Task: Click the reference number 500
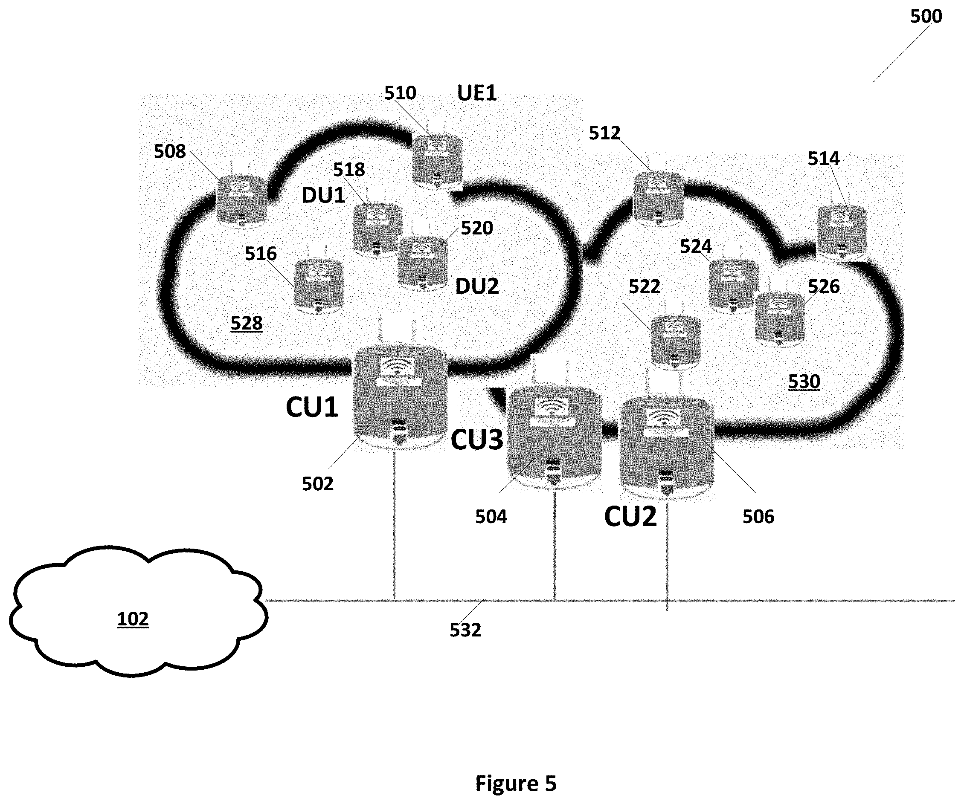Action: pyautogui.click(x=926, y=17)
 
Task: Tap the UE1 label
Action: pyautogui.click(x=476, y=93)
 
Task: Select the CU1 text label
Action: pyautogui.click(x=312, y=407)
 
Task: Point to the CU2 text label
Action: pyautogui.click(x=630, y=517)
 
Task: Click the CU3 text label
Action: pyautogui.click(x=476, y=440)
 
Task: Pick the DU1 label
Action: pyautogui.click(x=323, y=196)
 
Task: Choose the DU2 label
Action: pyautogui.click(x=476, y=286)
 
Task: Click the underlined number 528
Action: pyautogui.click(x=247, y=324)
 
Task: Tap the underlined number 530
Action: pyautogui.click(x=804, y=382)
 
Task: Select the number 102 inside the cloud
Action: pyautogui.click(x=133, y=619)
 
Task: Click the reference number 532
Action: pyautogui.click(x=465, y=630)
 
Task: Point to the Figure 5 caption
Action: pyautogui.click(x=516, y=784)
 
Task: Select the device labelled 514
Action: pyautogui.click(x=842, y=232)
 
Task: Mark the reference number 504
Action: pyautogui.click(x=491, y=517)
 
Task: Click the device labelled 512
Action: pyautogui.click(x=658, y=198)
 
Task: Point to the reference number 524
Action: pyautogui.click(x=695, y=247)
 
